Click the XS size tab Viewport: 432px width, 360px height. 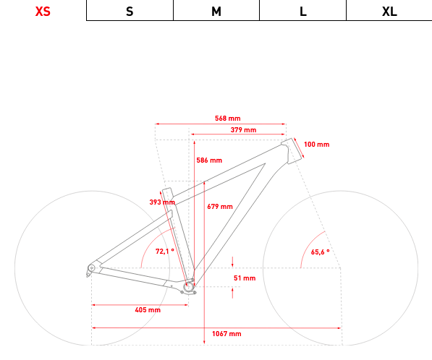(43, 12)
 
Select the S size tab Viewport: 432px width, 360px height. (130, 12)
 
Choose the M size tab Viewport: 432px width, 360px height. (216, 12)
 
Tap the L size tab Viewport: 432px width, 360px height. (302, 12)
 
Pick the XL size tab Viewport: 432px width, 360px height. (389, 12)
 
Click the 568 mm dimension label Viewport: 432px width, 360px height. (227, 119)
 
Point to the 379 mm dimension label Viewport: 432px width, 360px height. (243, 130)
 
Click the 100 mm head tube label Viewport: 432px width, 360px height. (316, 145)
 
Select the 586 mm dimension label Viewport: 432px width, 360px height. (209, 160)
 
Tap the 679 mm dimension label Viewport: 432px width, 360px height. (220, 207)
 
